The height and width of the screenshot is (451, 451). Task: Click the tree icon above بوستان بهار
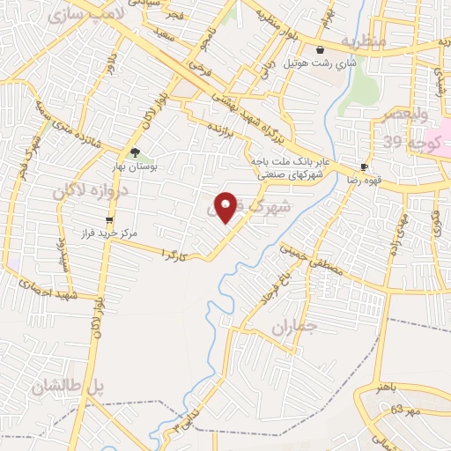pos(135,152)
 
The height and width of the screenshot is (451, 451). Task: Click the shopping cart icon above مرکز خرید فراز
pos(109,220)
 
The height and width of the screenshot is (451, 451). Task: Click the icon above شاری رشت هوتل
pos(318,48)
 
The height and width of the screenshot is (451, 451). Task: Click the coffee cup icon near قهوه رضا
pos(364,166)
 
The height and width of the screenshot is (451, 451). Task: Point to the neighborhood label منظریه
pos(364,41)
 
